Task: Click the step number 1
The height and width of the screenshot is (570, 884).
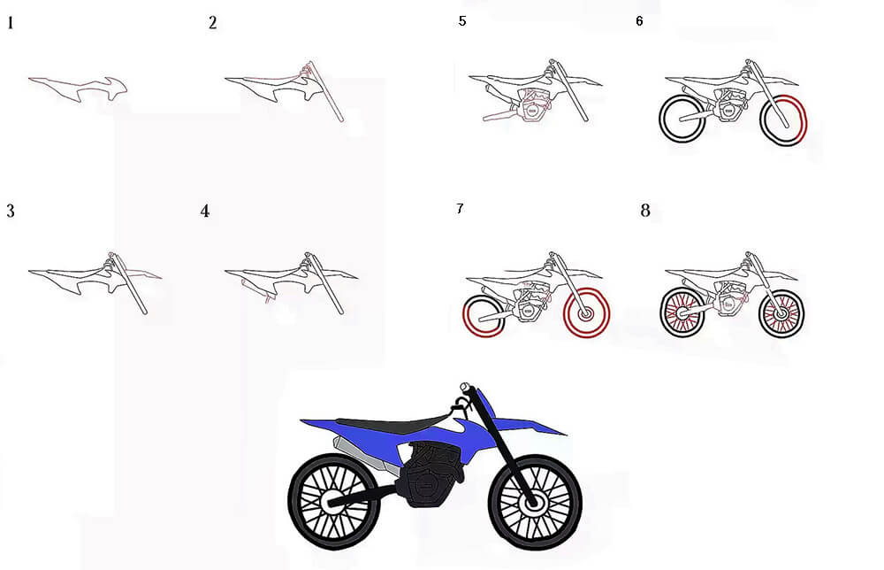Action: (10, 24)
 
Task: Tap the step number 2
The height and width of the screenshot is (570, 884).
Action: (212, 23)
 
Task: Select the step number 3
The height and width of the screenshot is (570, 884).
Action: (10, 211)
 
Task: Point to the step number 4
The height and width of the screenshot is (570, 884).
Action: (205, 211)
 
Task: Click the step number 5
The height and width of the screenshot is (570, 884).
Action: (462, 21)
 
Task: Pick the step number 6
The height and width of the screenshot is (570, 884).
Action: (639, 21)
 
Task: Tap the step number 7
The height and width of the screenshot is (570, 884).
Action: (460, 209)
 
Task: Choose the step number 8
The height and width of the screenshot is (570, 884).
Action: (645, 211)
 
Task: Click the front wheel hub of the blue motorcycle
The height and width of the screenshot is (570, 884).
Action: (532, 501)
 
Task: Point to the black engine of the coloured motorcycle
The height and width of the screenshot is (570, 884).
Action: (430, 474)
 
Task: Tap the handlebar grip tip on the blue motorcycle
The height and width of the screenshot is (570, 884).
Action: (465, 387)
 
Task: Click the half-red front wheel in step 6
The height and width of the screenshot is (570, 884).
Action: (783, 119)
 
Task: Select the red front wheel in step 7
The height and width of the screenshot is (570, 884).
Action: (586, 313)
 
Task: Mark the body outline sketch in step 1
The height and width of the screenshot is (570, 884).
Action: (79, 90)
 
